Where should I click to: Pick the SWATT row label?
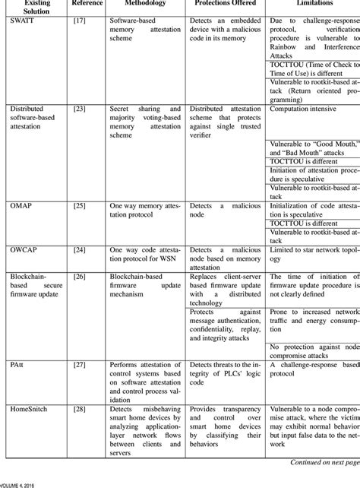(x=24, y=18)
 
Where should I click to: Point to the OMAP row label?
(x=22, y=206)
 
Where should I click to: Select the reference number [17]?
(x=78, y=18)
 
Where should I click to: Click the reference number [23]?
(x=78, y=109)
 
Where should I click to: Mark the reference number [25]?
(x=78, y=206)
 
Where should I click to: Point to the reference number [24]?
(x=78, y=249)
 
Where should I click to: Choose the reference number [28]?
(x=78, y=408)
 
